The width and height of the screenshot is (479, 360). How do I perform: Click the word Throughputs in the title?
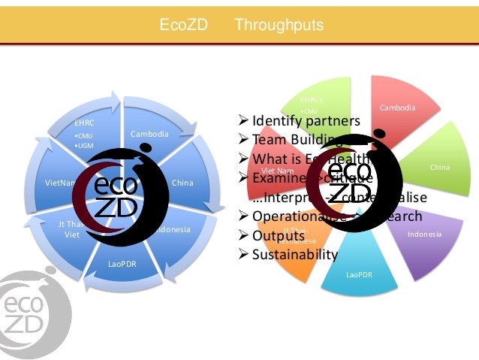coord(279,26)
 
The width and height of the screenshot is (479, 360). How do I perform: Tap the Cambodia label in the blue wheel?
coord(150,134)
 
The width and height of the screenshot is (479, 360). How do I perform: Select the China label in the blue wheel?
coord(182,182)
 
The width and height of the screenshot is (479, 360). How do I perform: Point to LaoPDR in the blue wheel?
coord(122,264)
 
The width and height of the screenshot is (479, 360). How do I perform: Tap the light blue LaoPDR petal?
coord(359,274)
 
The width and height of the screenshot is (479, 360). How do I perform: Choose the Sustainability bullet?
coord(294,254)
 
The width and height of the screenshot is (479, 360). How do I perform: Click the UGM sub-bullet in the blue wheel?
coord(85,145)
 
